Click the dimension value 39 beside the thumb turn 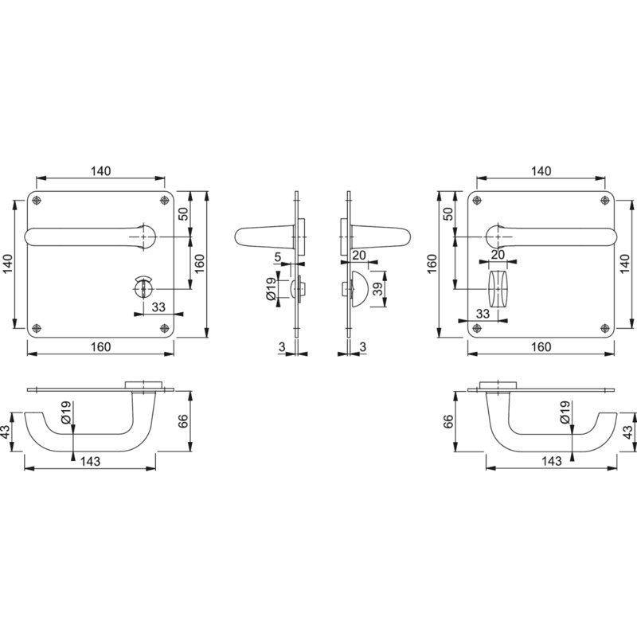coord(377,289)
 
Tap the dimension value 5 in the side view coord(278,257)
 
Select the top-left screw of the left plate coord(37,200)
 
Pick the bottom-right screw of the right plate coord(605,328)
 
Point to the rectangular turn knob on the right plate coord(498,289)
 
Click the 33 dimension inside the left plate coord(158,307)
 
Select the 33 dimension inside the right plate coord(483,314)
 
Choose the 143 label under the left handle coord(90,461)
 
